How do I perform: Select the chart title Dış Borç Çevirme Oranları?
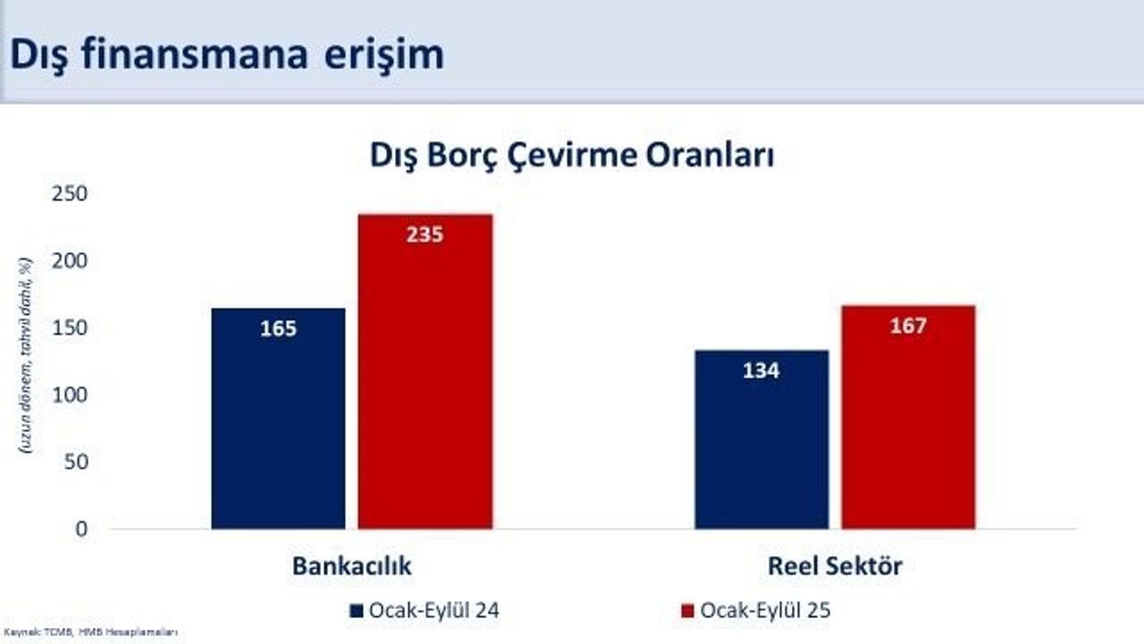(x=572, y=155)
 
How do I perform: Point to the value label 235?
(x=425, y=235)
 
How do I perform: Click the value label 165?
(x=278, y=328)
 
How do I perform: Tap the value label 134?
(x=761, y=370)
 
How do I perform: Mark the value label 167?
(x=908, y=326)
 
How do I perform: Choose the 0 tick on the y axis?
(x=81, y=529)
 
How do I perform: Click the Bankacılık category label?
(x=351, y=567)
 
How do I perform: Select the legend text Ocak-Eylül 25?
(x=765, y=611)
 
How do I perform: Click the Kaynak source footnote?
(x=89, y=633)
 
